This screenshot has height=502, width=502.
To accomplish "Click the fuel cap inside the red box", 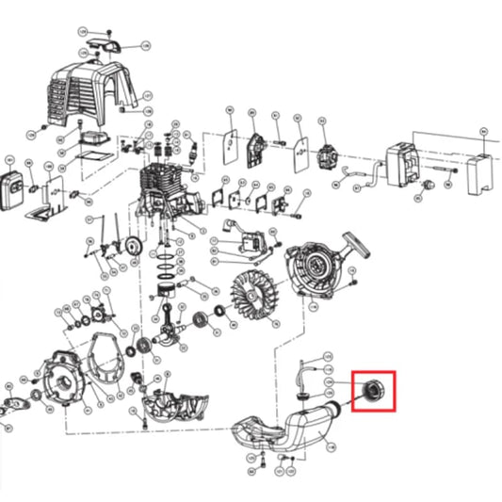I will [368, 389].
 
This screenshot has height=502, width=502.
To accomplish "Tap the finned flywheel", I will [251, 292].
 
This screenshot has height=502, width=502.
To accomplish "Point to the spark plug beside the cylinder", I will [192, 151].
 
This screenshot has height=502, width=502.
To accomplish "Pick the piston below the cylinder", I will [167, 276].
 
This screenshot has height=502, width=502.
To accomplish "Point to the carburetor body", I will [329, 157].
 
